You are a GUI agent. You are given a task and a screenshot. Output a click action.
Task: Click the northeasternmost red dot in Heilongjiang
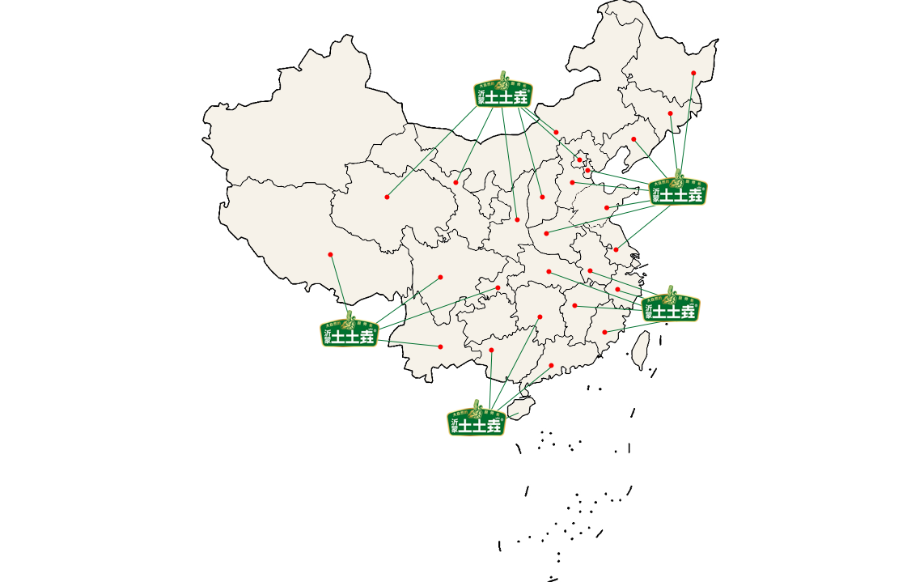pyautogui.click(x=693, y=74)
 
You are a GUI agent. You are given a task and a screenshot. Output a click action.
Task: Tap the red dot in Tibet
pyautogui.click(x=330, y=254)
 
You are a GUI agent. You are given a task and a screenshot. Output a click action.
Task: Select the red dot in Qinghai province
pyautogui.click(x=387, y=197)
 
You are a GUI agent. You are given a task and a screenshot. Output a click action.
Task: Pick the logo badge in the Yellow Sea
pyautogui.click(x=678, y=187)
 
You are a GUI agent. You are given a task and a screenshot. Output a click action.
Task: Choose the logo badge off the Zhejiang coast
pyautogui.click(x=671, y=304)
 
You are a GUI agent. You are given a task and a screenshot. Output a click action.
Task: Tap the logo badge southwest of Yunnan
pyautogui.click(x=350, y=329)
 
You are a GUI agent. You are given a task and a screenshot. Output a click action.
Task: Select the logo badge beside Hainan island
pyautogui.click(x=477, y=417)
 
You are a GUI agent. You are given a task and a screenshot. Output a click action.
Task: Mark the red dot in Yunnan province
pyautogui.click(x=440, y=347)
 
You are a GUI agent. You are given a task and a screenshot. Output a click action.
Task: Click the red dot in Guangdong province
pyautogui.click(x=551, y=366)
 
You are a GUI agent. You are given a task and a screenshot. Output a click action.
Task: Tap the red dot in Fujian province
pyautogui.click(x=604, y=332)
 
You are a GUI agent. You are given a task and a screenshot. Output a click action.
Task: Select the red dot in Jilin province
pyautogui.click(x=670, y=113)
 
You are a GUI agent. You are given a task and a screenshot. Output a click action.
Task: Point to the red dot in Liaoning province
pyautogui.click(x=633, y=139)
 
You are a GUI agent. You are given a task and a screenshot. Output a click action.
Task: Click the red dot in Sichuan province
pyautogui.click(x=440, y=277)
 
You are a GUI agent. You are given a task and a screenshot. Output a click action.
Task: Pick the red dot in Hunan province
pyautogui.click(x=540, y=316)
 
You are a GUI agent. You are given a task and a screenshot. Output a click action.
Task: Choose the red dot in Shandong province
pyautogui.click(x=607, y=208)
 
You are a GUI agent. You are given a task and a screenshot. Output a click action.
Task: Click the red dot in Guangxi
pyautogui.click(x=491, y=350)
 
